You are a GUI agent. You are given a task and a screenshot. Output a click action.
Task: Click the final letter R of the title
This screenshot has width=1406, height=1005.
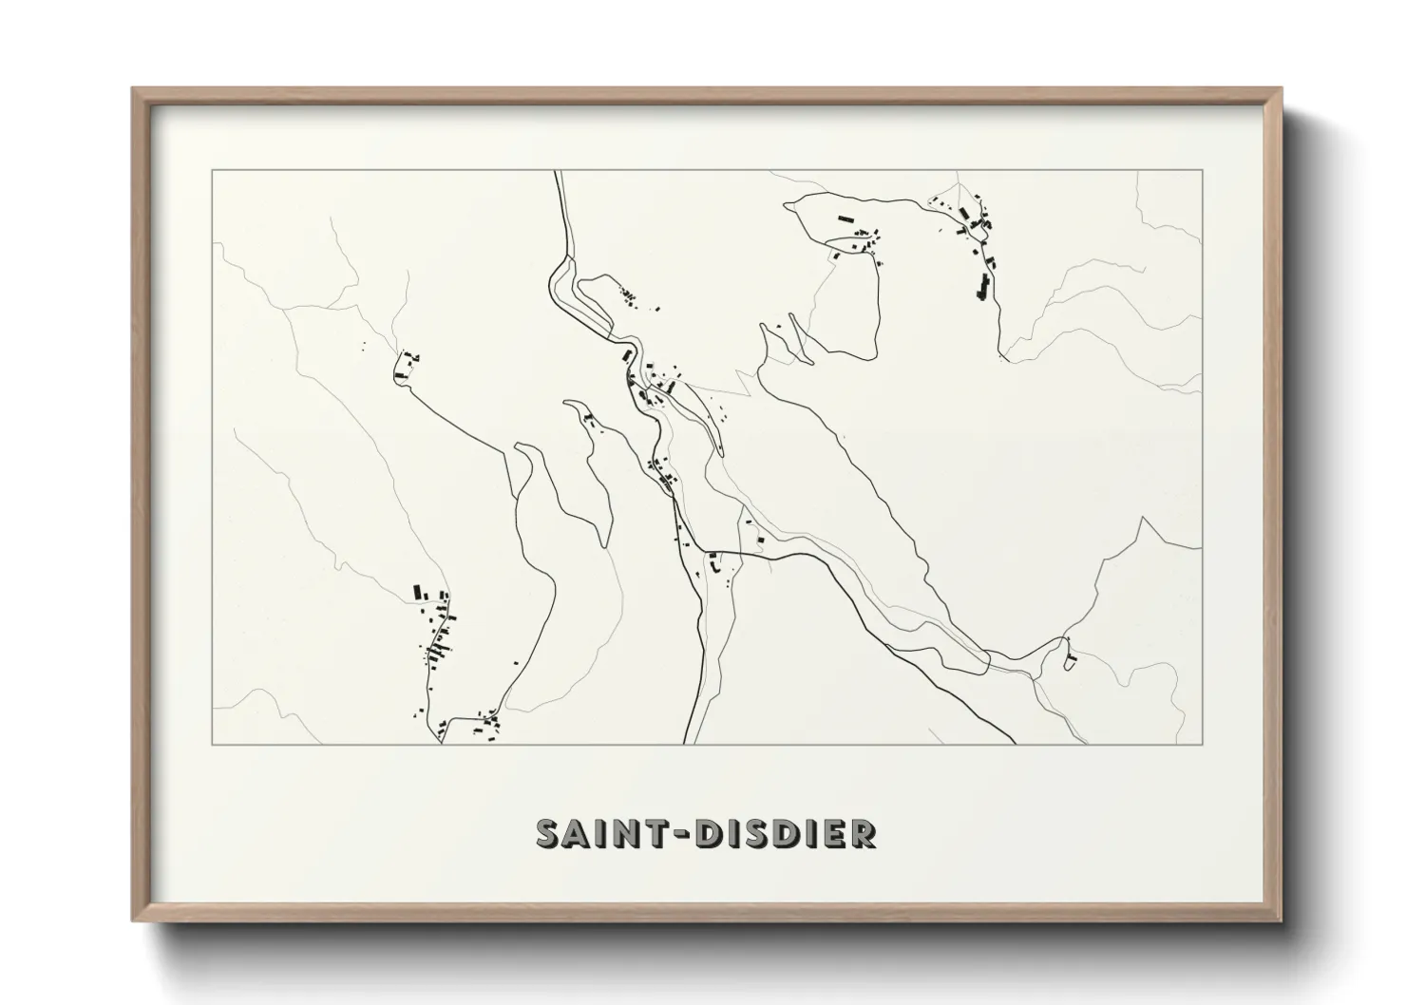(864, 834)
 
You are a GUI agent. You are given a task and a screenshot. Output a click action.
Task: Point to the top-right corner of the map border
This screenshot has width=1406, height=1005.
(1202, 171)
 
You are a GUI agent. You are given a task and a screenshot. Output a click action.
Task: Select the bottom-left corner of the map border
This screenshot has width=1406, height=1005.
(212, 744)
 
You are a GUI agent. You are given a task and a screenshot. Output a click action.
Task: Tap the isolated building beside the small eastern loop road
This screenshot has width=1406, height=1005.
(1071, 656)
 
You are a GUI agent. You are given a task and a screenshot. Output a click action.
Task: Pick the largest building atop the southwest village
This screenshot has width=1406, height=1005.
(416, 592)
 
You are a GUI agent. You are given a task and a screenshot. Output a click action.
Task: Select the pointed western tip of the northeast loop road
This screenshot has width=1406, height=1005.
(785, 203)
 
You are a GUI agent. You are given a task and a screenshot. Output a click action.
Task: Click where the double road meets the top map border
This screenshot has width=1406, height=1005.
(558, 172)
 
